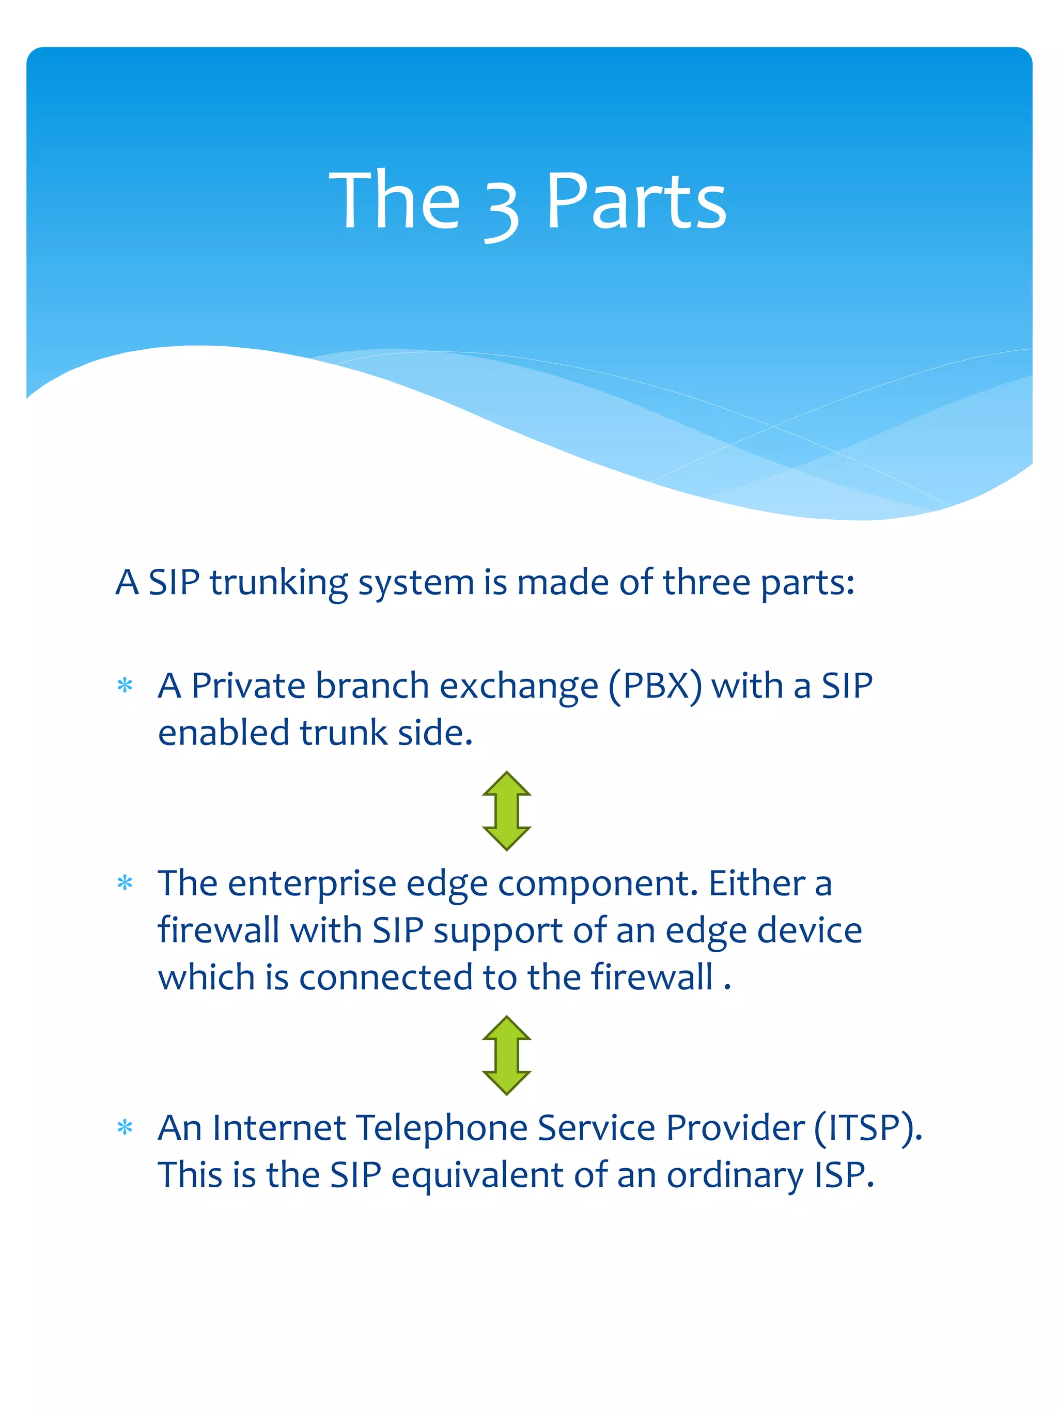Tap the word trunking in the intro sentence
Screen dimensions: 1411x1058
click(x=278, y=583)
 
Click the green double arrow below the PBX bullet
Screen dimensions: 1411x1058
click(x=506, y=811)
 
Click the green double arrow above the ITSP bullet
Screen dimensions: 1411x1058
click(x=506, y=1056)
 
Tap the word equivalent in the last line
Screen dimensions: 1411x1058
click(x=477, y=1175)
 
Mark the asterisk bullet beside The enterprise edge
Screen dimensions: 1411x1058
click(x=125, y=884)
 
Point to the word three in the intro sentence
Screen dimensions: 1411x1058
click(x=706, y=582)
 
